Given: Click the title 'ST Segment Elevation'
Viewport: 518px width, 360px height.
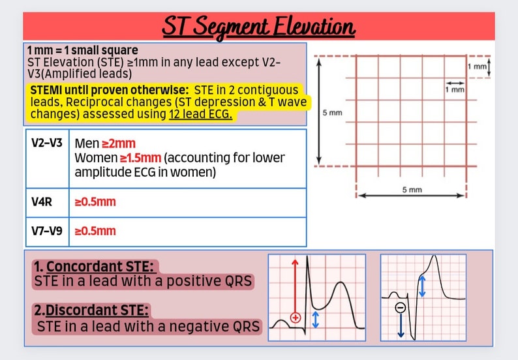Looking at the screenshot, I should click(258, 27).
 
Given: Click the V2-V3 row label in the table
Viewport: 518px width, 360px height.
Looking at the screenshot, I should click(47, 142).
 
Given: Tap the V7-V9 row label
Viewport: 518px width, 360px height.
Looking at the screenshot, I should click(47, 231).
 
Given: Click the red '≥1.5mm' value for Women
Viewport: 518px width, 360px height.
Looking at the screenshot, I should click(141, 158).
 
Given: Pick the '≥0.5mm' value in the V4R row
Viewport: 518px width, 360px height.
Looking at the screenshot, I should click(95, 202).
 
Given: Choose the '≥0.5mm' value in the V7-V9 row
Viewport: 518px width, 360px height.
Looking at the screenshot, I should click(95, 231).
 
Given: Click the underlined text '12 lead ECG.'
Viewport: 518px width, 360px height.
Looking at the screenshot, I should click(200, 115).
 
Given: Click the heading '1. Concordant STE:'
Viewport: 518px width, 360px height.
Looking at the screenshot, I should click(96, 267).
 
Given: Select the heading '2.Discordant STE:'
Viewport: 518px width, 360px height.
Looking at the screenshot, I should click(92, 310).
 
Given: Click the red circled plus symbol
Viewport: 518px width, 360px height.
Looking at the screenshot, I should click(296, 318).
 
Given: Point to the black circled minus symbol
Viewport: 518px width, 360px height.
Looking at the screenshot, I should click(401, 307).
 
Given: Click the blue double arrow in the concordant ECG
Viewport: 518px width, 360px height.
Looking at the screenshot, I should click(316, 319).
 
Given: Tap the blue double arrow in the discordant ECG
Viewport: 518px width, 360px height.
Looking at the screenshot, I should click(422, 286).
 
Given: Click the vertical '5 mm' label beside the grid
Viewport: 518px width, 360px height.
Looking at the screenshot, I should click(331, 112).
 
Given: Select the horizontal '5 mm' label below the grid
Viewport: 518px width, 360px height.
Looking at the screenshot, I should click(410, 189).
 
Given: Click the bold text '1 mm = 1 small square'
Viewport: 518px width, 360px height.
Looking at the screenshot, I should click(82, 50).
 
